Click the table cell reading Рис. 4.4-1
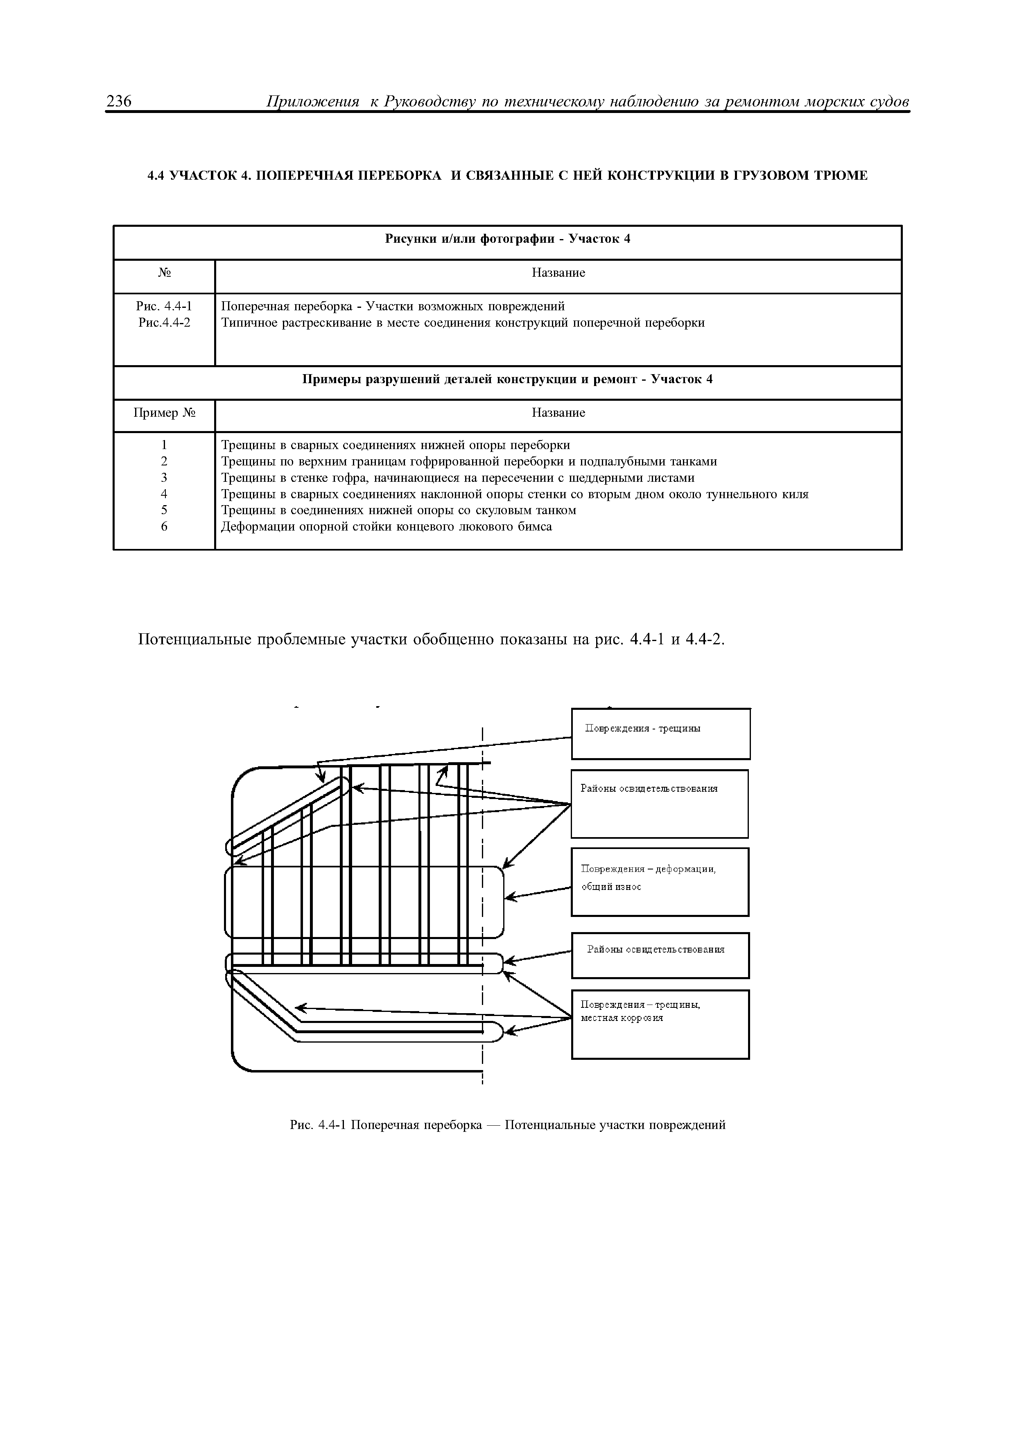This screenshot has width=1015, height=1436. tap(164, 307)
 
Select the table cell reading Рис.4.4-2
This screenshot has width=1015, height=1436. tap(164, 323)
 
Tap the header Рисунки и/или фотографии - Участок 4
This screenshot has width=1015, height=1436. tap(507, 239)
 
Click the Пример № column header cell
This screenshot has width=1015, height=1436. tap(164, 413)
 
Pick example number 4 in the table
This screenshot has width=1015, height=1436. tap(164, 494)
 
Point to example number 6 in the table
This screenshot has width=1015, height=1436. tap(164, 526)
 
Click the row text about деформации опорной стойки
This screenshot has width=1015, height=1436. tap(387, 526)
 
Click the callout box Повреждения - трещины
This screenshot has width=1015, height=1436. tap(660, 734)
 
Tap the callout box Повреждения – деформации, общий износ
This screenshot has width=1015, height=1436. tap(660, 882)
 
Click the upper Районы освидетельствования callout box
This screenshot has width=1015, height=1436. tap(659, 804)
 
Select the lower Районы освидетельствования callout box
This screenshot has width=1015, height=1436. tap(660, 955)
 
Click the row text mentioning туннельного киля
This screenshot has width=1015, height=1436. tap(515, 494)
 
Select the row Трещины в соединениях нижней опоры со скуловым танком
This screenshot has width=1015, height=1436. tap(398, 510)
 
